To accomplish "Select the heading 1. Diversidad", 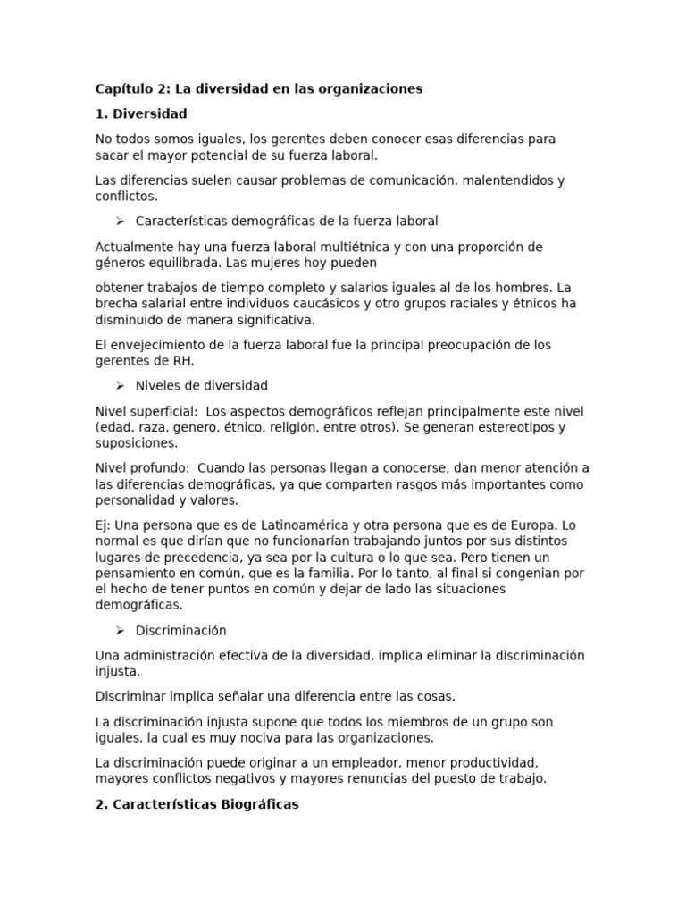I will point(141,114).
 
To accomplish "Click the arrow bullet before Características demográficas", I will point(119,221).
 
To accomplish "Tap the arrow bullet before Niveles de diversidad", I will point(119,386).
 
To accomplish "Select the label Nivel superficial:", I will point(146,411).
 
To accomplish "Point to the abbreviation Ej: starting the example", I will point(104,525).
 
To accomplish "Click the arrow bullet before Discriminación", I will point(119,631).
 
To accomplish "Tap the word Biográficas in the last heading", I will point(258,804).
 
